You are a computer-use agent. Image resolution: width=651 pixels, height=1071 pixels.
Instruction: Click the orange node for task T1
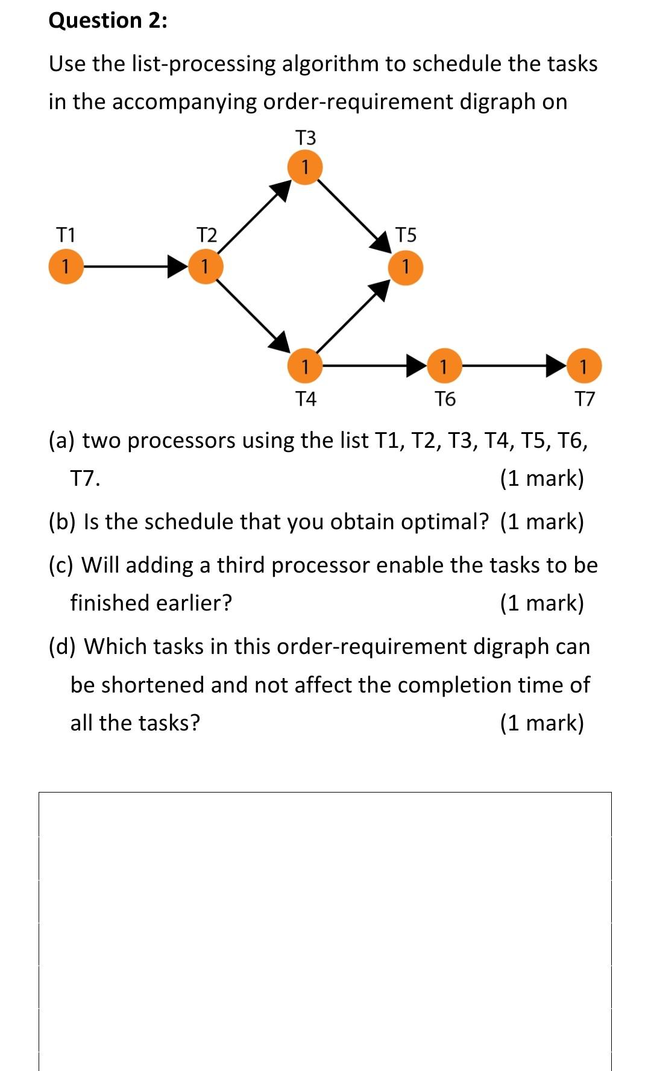(66, 266)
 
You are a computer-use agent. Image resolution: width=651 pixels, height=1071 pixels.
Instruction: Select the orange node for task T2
(205, 266)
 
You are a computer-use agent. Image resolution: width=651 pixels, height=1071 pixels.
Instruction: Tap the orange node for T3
(305, 167)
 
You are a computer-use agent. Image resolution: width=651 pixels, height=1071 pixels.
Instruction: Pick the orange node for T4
(305, 366)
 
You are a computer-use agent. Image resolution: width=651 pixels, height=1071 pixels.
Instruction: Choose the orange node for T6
(444, 366)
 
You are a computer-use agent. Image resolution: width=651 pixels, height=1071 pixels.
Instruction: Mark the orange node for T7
(583, 366)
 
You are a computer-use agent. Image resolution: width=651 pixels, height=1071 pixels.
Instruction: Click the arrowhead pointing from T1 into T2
(177, 266)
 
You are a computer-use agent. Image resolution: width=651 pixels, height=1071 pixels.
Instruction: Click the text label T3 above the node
(306, 138)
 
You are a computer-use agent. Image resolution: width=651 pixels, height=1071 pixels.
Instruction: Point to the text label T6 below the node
(445, 399)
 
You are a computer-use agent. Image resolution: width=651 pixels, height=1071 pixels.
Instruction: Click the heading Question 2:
(108, 20)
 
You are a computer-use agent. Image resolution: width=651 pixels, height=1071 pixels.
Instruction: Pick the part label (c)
(61, 565)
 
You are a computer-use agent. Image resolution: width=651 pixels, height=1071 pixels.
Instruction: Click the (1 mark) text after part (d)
(542, 723)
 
